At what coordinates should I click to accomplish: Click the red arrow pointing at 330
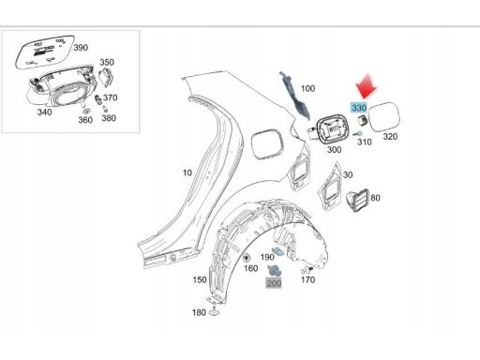coord(366,86)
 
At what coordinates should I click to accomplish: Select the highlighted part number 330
coord(359,108)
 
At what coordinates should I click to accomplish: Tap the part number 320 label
coord(390,137)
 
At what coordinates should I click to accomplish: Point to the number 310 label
coord(365,142)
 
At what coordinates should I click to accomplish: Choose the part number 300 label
coord(334,150)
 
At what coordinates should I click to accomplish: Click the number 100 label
coord(307,88)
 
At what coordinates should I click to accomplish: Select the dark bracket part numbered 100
coord(294,96)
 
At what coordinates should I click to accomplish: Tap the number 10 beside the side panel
coord(187,172)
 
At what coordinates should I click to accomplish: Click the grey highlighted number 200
coord(274,283)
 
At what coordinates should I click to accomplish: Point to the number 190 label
coord(267,257)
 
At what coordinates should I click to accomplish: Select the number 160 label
coord(250,268)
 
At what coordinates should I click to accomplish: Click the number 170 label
coord(307,279)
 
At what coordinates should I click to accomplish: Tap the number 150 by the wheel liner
coord(200,279)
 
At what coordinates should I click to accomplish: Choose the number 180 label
coord(199,312)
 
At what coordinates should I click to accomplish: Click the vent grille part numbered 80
coord(357,201)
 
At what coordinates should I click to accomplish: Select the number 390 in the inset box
coord(81,48)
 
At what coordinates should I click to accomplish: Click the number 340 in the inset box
coord(44,112)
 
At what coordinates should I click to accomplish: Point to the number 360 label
coord(85,120)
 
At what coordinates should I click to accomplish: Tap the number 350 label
coord(107,62)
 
